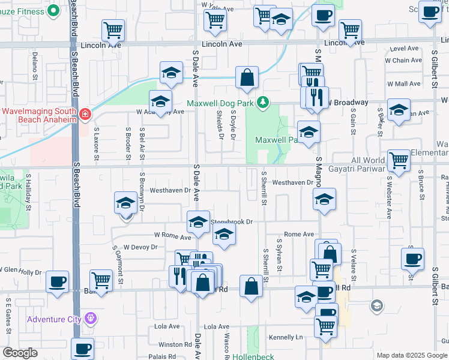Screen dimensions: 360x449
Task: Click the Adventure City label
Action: point(53,319)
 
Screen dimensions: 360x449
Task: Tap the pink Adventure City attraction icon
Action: point(91,318)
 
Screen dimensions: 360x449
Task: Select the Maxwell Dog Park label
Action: point(220,103)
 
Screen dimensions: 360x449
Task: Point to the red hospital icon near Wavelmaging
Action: point(85,114)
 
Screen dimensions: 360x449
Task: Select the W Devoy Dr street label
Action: point(140,247)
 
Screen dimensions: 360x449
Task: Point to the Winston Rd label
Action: point(175,344)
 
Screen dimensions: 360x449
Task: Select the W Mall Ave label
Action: point(404,84)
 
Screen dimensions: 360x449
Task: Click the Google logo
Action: point(20,353)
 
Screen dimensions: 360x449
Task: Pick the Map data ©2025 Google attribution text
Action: point(412,355)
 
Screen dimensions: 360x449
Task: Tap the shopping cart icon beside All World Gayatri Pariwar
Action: point(399,160)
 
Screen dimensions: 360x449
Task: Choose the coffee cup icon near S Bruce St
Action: point(413,258)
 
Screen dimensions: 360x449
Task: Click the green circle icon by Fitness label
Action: point(53,10)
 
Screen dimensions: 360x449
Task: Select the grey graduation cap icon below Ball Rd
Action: point(377,307)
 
